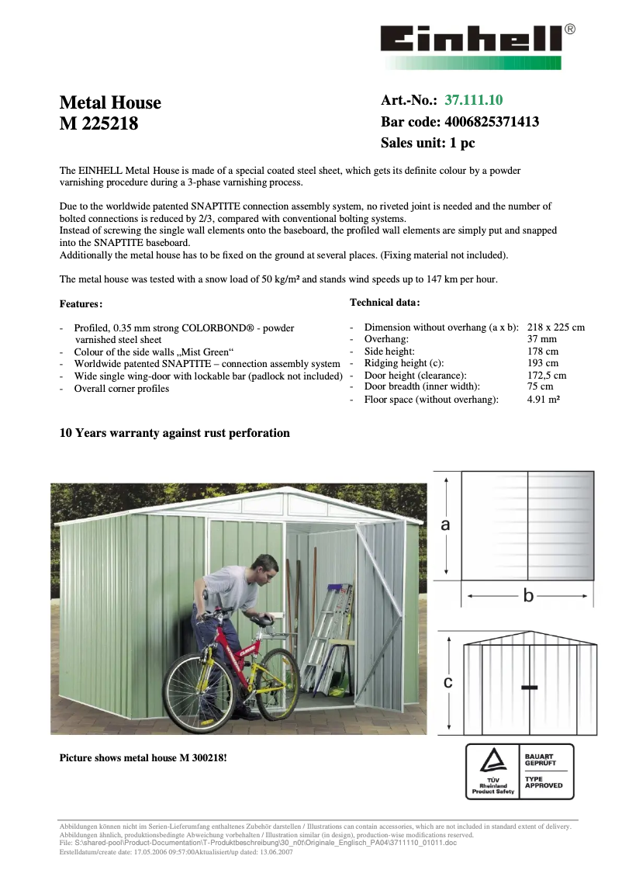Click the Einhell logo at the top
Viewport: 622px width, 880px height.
tap(472, 40)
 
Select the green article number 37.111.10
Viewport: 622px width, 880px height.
tap(473, 100)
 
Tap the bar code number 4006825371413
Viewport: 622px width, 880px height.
tap(492, 122)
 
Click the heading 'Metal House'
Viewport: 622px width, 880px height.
tap(110, 103)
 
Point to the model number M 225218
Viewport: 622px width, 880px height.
tap(98, 123)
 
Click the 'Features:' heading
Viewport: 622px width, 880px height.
tap(81, 304)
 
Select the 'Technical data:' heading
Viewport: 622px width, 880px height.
tap(385, 302)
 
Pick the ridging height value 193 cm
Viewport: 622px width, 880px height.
tap(542, 362)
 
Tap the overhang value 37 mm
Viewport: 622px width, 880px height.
tap(541, 339)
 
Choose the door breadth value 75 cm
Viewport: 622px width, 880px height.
tap(540, 386)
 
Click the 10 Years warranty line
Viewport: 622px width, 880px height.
tap(175, 433)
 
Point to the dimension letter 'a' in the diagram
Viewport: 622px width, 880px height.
tap(445, 525)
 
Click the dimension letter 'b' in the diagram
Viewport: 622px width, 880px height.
tap(529, 595)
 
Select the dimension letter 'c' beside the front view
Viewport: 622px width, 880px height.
tap(447, 682)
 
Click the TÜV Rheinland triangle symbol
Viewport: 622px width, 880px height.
tap(490, 761)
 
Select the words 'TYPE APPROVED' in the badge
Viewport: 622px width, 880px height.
tap(544, 782)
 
